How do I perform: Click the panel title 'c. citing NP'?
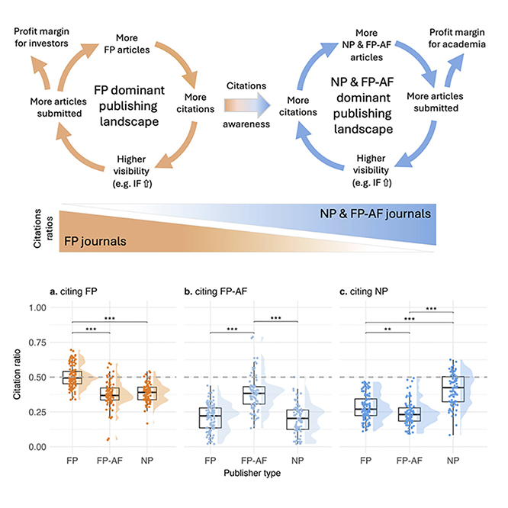(x=360, y=291)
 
